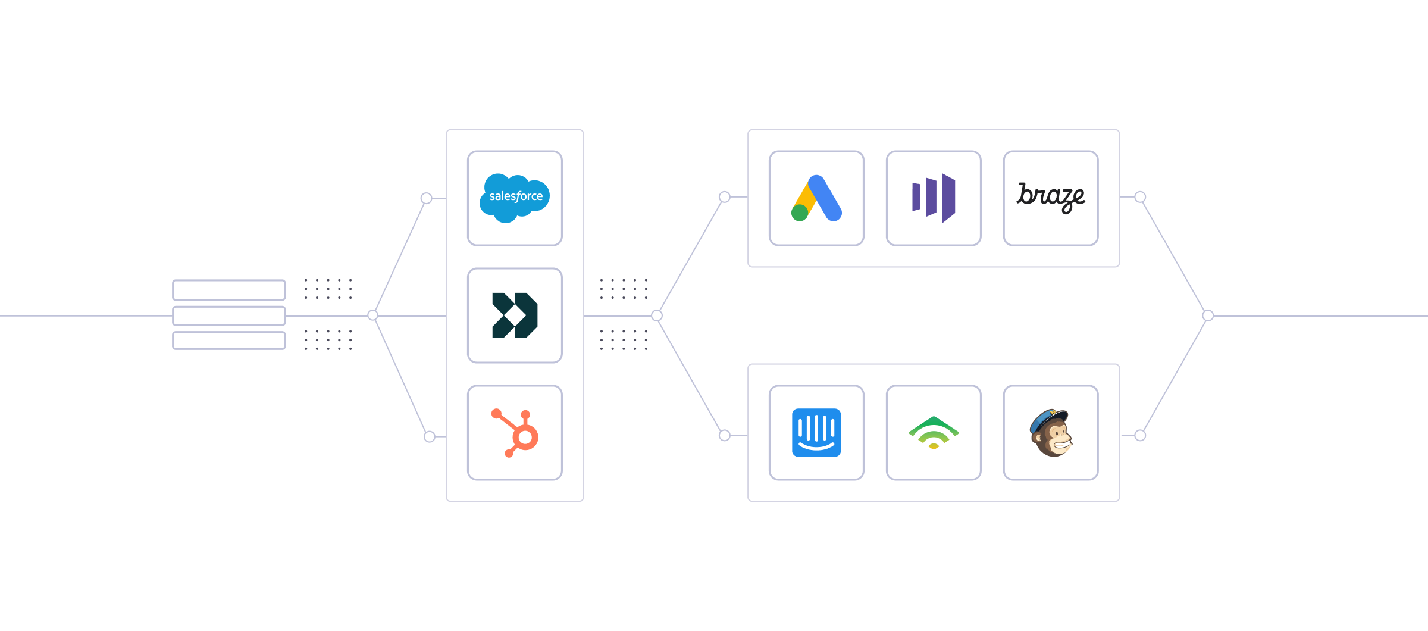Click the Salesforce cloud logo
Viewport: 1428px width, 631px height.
(515, 198)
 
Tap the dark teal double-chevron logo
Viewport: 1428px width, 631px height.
(515, 315)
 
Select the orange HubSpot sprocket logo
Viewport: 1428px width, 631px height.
(515, 433)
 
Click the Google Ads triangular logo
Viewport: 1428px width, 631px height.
(816, 198)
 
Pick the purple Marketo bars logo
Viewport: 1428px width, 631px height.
(934, 198)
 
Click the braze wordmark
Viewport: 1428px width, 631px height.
(1051, 197)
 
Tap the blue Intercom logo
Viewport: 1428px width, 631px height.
(816, 433)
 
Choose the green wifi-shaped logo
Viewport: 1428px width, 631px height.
(934, 433)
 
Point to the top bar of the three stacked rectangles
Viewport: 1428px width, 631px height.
(229, 290)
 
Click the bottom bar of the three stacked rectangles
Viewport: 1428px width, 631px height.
(229, 341)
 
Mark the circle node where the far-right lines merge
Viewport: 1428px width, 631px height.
(1208, 315)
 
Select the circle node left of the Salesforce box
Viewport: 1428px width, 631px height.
(426, 198)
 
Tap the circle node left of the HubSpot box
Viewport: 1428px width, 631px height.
(430, 437)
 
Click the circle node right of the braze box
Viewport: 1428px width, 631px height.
(1140, 197)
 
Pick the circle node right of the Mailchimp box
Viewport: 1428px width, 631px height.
(1140, 436)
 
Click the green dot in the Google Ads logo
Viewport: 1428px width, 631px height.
(800, 213)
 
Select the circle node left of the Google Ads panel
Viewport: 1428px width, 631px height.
(725, 197)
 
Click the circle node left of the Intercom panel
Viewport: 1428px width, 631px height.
(725, 436)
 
